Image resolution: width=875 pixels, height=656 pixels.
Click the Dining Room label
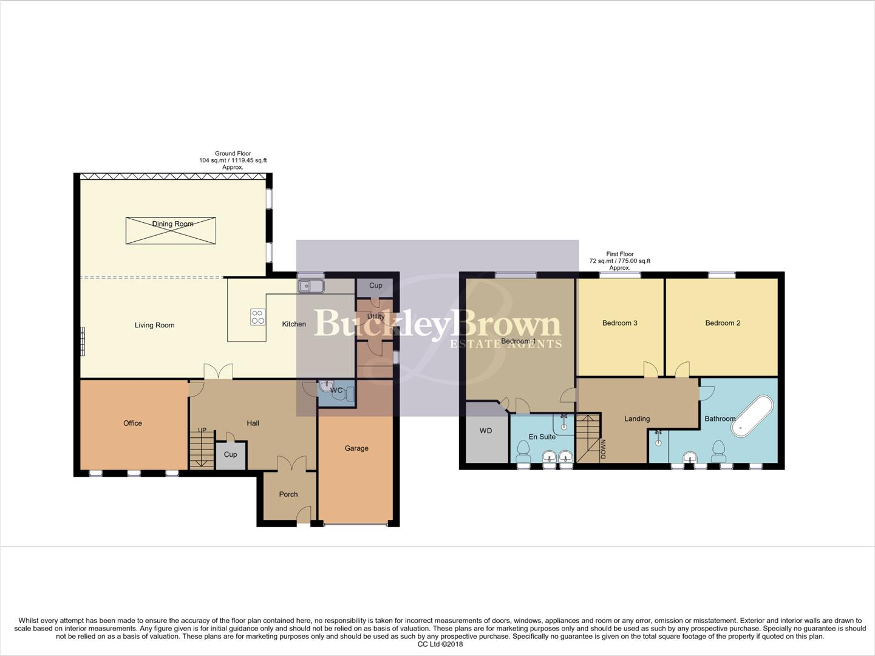click(x=172, y=224)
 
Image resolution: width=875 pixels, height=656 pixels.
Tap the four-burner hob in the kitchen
click(x=257, y=316)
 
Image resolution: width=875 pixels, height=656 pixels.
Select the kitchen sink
click(x=310, y=285)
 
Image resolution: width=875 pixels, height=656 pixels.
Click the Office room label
click(x=132, y=423)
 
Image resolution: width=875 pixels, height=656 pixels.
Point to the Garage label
click(x=356, y=448)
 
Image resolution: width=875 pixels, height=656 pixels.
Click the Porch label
click(x=288, y=494)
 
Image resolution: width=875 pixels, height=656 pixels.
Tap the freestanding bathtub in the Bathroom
click(x=752, y=417)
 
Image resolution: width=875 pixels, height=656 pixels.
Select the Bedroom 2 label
click(x=723, y=323)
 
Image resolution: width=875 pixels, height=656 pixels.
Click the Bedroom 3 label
click(x=619, y=323)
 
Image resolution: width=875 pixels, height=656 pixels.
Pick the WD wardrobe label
click(x=486, y=431)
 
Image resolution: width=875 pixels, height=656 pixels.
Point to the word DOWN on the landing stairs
click(x=604, y=449)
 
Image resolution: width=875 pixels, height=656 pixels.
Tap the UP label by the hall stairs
click(x=202, y=431)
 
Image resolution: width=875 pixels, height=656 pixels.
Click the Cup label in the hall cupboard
click(x=230, y=455)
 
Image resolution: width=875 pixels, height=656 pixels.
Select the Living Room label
click(x=154, y=326)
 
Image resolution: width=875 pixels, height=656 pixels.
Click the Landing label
click(x=637, y=419)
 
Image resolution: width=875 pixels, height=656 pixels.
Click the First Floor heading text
click(x=619, y=255)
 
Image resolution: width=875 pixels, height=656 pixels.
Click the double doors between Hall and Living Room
click(x=217, y=372)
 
